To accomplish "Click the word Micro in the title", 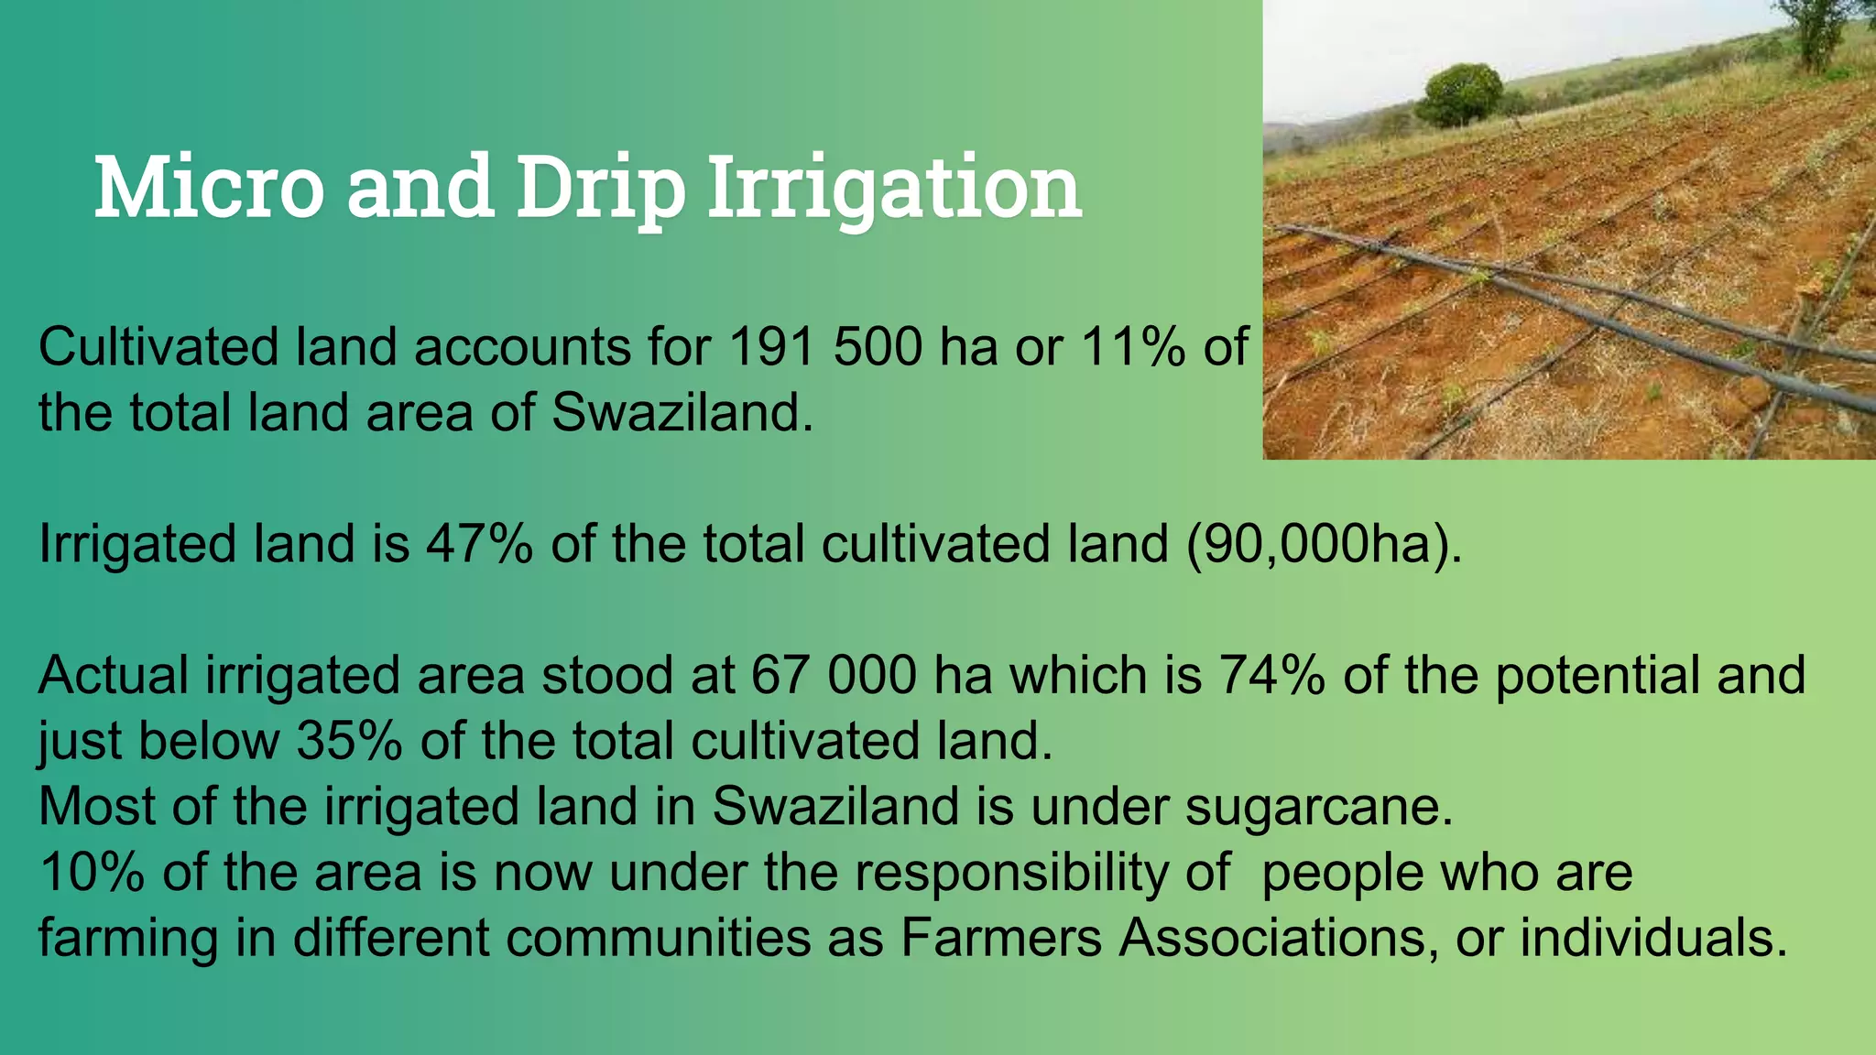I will [x=209, y=188].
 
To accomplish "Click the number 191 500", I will [x=825, y=347].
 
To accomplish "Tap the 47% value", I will [x=479, y=543].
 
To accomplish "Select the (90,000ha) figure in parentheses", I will [x=1324, y=543].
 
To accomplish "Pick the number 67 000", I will [x=834, y=675].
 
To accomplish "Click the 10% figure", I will [x=92, y=872].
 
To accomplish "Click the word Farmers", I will [x=1000, y=938].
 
